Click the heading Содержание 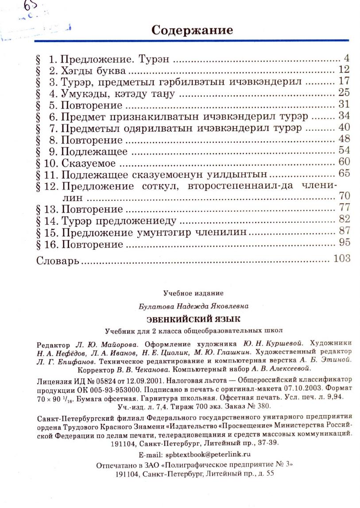(192, 30)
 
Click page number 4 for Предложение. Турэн (347, 58)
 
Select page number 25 (344, 93)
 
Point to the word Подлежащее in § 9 (94, 152)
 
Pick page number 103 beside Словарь (342, 258)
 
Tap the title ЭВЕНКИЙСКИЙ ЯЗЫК (194, 319)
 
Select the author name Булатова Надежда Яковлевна (193, 306)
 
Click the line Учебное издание (193, 293)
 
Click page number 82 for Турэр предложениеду (344, 219)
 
